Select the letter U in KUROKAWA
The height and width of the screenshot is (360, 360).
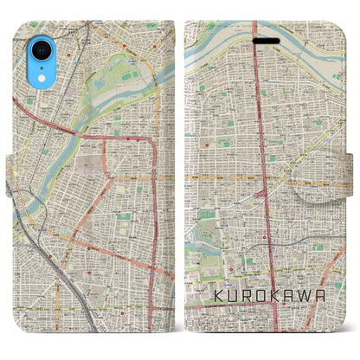[x=234, y=296]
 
